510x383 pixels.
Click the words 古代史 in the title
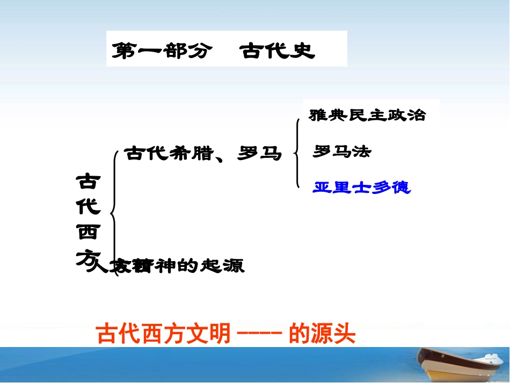click(x=278, y=52)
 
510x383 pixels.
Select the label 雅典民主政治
click(x=367, y=115)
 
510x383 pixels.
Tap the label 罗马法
click(x=342, y=152)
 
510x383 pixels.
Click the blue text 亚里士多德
click(x=362, y=187)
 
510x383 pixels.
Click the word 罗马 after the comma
click(x=263, y=154)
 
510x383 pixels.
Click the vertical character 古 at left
click(x=87, y=182)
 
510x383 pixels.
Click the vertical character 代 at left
click(x=87, y=207)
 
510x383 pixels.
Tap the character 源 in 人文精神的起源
click(x=234, y=266)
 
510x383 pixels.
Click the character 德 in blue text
click(x=402, y=187)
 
